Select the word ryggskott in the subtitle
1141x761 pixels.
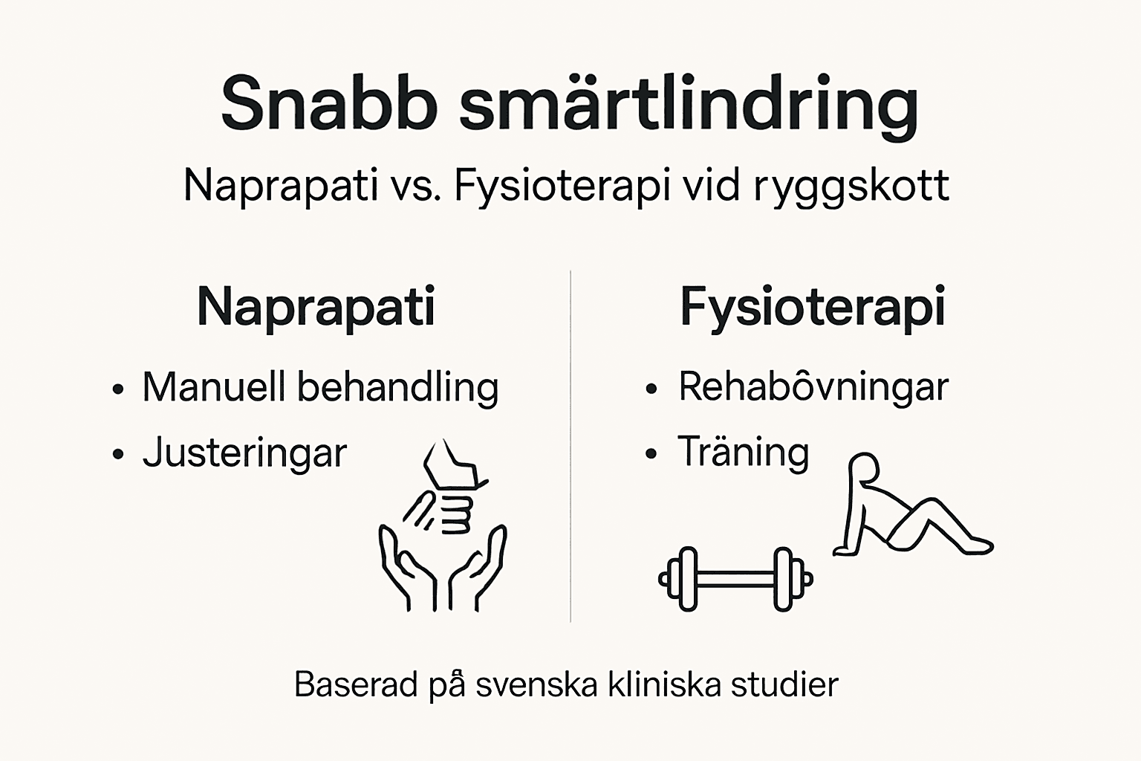tap(851, 186)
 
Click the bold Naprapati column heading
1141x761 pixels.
tap(316, 307)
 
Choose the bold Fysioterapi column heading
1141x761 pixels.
tap(813, 307)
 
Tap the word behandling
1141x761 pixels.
tap(398, 387)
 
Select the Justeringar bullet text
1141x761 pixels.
tap(244, 453)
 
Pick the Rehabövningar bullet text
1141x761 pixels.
tap(813, 387)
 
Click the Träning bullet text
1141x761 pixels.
tap(743, 453)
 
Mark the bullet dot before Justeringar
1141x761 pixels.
tap(117, 454)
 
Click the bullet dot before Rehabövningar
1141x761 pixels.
tap(651, 388)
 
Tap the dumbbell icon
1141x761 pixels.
tap(735, 579)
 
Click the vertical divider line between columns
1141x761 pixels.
tap(570, 446)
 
